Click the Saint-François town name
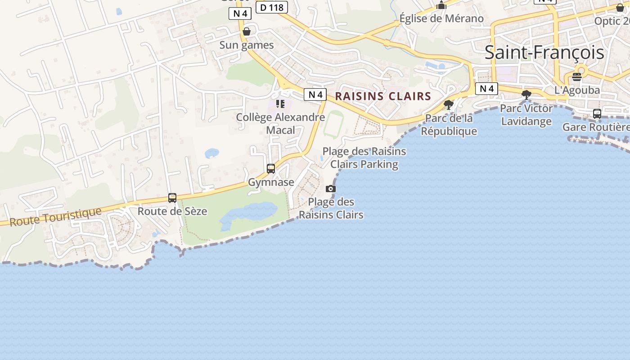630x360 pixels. (x=544, y=53)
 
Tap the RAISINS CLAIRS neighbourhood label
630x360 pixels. (x=383, y=96)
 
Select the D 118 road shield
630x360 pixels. (x=271, y=7)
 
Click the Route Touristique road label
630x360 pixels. (x=55, y=216)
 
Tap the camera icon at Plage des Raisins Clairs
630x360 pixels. (x=331, y=189)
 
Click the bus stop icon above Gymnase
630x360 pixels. (x=271, y=169)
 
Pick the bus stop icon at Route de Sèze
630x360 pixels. (x=172, y=198)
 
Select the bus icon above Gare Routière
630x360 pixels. (x=597, y=114)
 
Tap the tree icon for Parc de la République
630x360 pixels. (x=448, y=105)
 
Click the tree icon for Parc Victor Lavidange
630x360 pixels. (x=526, y=94)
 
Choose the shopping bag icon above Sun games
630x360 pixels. (x=247, y=31)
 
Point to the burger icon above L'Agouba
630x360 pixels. (x=577, y=77)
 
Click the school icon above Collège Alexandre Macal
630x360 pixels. (x=280, y=104)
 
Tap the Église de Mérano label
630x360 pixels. (x=441, y=18)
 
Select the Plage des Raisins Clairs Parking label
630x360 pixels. (x=364, y=158)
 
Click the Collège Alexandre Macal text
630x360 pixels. (x=280, y=124)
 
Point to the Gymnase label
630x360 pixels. (x=271, y=182)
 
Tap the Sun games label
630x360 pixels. (x=247, y=45)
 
